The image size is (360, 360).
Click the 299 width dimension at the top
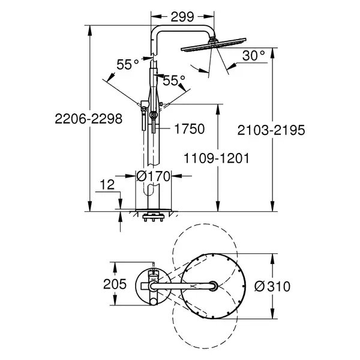[x=182, y=17]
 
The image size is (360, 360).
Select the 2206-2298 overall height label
[x=89, y=119]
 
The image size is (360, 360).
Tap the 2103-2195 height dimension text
[x=271, y=130]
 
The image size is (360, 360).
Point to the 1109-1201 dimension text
[x=217, y=158]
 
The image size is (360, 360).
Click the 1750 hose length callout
[x=190, y=128]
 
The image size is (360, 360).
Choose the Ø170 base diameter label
[x=154, y=176]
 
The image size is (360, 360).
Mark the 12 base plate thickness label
[x=107, y=185]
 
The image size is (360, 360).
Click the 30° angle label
[x=253, y=56]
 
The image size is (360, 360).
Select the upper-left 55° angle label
[x=128, y=64]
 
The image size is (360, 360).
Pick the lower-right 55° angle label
[x=174, y=80]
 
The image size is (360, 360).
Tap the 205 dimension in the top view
[x=115, y=284]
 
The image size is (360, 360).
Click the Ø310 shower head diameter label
[x=272, y=286]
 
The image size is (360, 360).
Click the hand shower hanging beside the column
[x=144, y=115]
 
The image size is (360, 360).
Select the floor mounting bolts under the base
[x=153, y=217]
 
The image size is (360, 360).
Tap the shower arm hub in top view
[x=214, y=286]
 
